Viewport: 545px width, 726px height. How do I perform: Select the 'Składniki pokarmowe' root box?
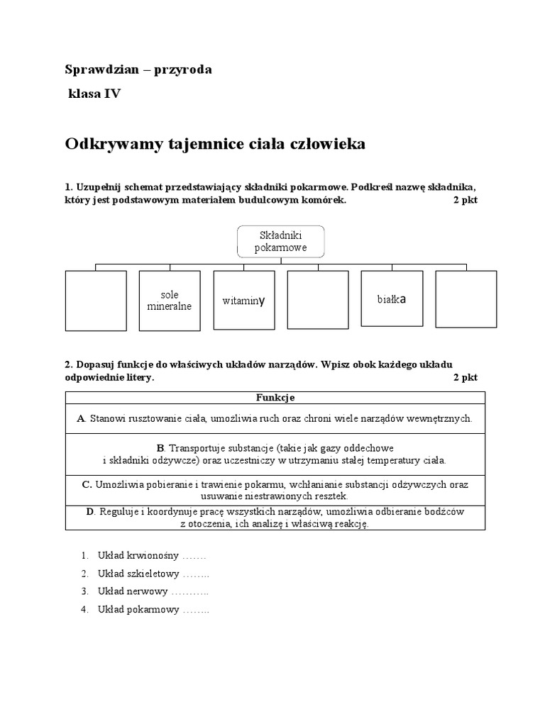(280, 241)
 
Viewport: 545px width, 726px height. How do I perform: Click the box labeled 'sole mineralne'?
(170, 301)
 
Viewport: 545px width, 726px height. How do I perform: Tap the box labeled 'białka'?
(392, 298)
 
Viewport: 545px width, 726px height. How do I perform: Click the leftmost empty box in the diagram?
(96, 301)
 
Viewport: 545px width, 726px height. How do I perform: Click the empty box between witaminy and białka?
(317, 301)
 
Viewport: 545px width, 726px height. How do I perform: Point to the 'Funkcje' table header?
(275, 398)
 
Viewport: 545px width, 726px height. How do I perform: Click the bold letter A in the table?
(80, 419)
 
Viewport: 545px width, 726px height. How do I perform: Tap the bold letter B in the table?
(160, 448)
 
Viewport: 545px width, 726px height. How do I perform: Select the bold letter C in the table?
(87, 484)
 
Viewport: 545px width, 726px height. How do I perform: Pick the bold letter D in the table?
(89, 512)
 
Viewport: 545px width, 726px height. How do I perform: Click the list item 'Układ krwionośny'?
(139, 556)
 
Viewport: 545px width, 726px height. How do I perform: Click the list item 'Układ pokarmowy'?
(139, 609)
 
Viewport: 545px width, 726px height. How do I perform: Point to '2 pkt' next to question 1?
(466, 200)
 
